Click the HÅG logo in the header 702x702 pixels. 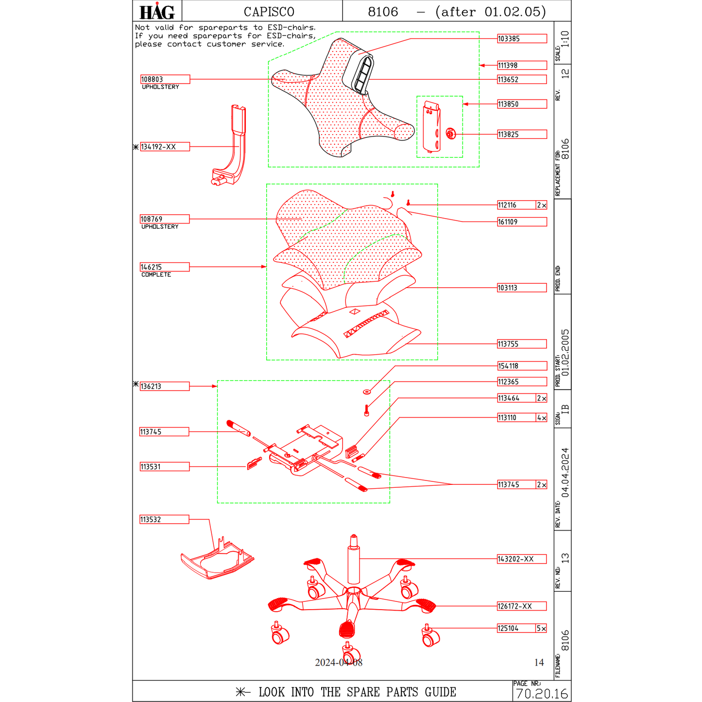156,11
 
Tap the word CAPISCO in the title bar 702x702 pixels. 269,12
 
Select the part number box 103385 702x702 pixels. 521,39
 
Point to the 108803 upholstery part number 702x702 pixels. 165,79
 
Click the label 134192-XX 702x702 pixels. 164,147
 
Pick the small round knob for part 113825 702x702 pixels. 450,134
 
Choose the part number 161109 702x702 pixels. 521,222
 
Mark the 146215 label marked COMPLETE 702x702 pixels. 164,267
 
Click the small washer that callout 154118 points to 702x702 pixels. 367,391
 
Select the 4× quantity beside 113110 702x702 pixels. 541,418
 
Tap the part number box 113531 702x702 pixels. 164,467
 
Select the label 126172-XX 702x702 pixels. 521,606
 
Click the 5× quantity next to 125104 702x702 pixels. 541,629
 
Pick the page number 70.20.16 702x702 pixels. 542,694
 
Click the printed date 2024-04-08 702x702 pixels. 339,663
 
